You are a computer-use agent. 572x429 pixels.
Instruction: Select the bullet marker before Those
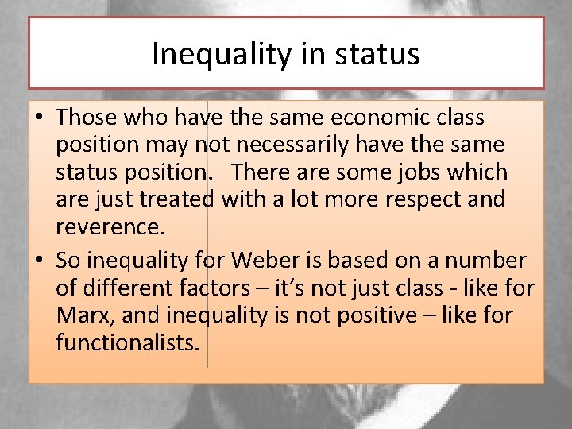point(40,118)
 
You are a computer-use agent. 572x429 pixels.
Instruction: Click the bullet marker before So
point(40,261)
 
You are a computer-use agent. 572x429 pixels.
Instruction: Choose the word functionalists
point(129,343)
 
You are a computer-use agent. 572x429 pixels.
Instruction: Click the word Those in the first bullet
point(87,118)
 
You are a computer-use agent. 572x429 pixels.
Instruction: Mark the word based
point(361,261)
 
